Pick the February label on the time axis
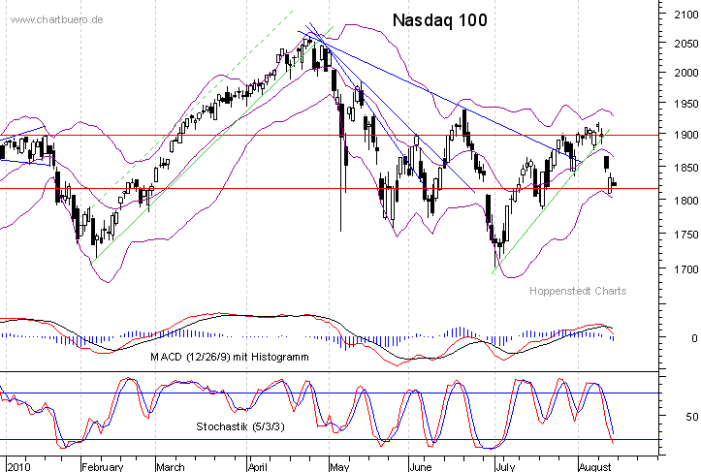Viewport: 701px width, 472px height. click(x=102, y=466)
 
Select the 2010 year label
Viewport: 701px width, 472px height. click(x=16, y=466)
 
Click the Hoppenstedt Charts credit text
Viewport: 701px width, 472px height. click(x=578, y=291)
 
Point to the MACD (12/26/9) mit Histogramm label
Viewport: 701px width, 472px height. click(x=229, y=358)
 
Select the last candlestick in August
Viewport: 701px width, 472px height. click(x=614, y=183)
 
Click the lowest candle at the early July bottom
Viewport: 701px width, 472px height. click(x=495, y=254)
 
